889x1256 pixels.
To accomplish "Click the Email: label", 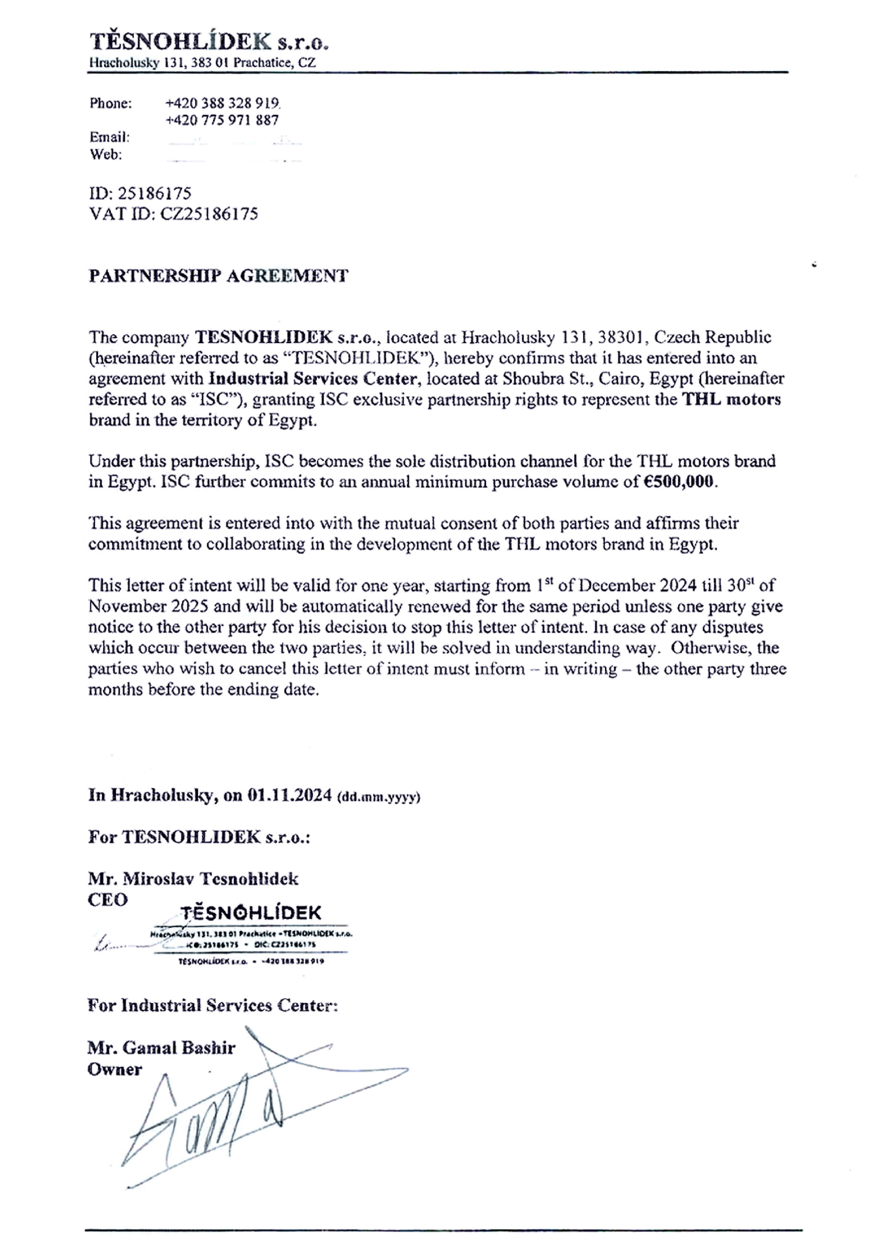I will click(x=110, y=137).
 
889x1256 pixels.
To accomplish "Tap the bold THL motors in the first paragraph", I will click(x=731, y=399).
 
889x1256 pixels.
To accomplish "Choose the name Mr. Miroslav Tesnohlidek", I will click(x=193, y=879).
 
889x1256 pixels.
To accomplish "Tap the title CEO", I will click(x=108, y=900).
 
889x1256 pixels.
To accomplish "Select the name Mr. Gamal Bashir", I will click(x=162, y=1048).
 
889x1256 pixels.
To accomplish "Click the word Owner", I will click(x=114, y=1069).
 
